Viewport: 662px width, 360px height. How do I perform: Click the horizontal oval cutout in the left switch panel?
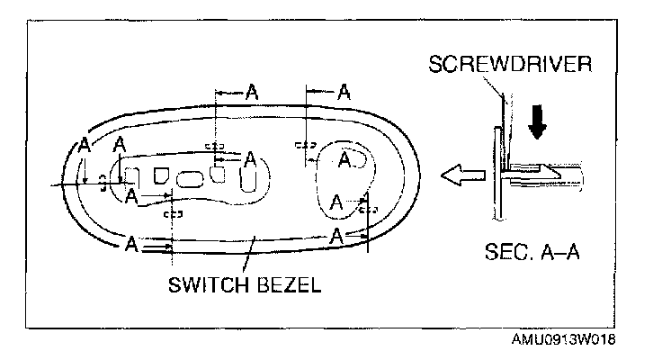pyautogui.click(x=190, y=178)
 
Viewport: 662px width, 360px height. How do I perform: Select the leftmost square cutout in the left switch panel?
pyautogui.click(x=132, y=175)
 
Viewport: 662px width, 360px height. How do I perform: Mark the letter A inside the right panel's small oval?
pyautogui.click(x=345, y=159)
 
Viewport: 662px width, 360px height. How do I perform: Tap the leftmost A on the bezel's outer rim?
pyautogui.click(x=85, y=145)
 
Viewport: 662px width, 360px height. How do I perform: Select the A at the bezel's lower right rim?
pyautogui.click(x=336, y=237)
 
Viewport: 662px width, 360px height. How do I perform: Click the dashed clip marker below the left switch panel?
pyautogui.click(x=172, y=214)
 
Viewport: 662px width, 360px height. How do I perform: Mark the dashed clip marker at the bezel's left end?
pyautogui.click(x=103, y=182)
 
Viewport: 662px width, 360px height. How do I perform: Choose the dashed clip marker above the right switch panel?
pyautogui.click(x=306, y=144)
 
